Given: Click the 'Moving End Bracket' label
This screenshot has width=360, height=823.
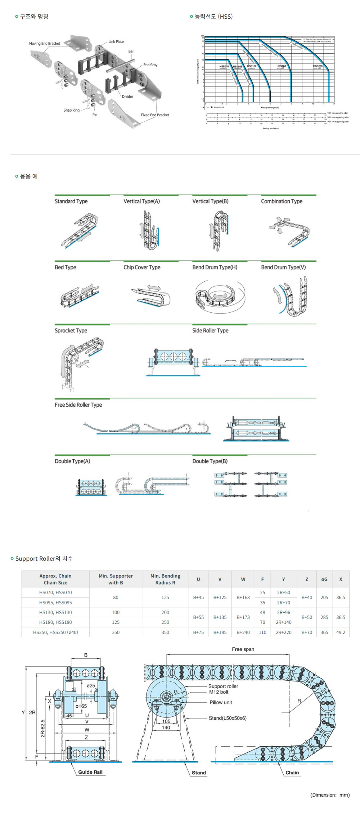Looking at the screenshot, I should tap(45, 44).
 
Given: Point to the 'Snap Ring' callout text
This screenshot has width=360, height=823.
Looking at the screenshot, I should tap(71, 110).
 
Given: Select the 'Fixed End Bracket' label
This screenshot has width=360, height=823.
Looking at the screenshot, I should tap(155, 115).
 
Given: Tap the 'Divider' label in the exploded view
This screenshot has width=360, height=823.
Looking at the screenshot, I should tap(127, 97).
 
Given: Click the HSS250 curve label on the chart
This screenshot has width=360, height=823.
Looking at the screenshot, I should tap(318, 66).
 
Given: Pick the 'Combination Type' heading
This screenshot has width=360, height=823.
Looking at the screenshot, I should tap(282, 201).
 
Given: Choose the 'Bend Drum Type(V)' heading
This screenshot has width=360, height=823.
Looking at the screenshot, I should tap(283, 267).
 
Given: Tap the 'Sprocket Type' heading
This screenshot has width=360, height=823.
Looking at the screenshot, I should tap(71, 331).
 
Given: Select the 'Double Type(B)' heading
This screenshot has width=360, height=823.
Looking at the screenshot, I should tap(210, 461).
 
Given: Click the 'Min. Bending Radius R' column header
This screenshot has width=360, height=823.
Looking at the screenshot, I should tap(165, 579).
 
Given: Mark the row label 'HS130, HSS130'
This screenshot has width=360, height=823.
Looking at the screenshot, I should tap(55, 612).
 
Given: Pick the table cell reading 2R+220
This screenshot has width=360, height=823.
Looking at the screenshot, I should tap(283, 632).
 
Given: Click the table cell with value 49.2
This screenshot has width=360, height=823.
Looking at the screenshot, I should tap(341, 632).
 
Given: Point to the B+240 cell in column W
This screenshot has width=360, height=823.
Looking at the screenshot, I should tap(243, 632).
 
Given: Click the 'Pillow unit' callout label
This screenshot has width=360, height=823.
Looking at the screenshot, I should tap(221, 702).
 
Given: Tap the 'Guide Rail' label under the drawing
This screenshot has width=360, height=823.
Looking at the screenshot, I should tap(90, 772).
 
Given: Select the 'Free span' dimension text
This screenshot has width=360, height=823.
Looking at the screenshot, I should tap(243, 649).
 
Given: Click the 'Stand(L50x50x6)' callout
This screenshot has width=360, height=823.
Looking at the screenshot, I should tap(228, 718).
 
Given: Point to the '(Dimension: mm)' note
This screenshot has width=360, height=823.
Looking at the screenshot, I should tap(330, 795).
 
